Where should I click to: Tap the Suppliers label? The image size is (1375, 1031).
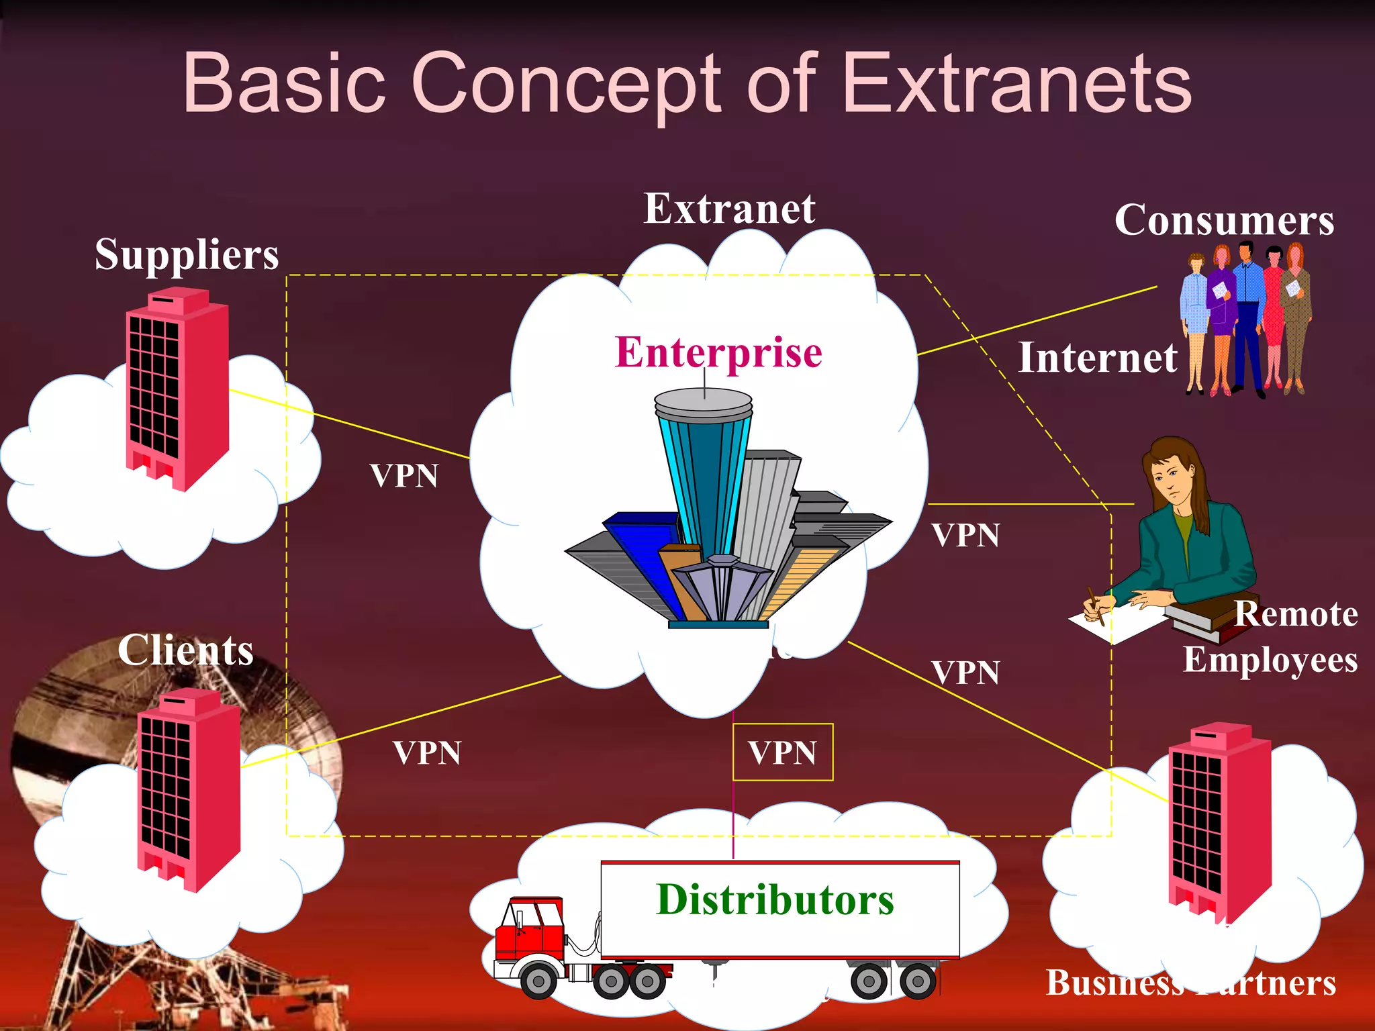[x=186, y=255]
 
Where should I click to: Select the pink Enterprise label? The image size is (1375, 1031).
[x=718, y=352]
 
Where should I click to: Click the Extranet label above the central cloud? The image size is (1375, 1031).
[x=729, y=209]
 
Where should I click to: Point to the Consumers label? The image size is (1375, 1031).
[x=1224, y=220]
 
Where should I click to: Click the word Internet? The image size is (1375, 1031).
[x=1097, y=358]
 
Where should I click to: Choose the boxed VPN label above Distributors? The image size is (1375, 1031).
[x=782, y=752]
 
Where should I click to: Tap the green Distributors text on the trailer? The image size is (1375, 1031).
[x=775, y=899]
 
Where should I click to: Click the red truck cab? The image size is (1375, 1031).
[x=530, y=930]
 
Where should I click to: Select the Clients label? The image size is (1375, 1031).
[x=185, y=650]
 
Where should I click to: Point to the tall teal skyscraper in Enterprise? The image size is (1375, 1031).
[x=704, y=470]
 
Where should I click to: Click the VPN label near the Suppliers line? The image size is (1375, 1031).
[x=404, y=477]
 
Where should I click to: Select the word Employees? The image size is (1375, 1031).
[x=1270, y=660]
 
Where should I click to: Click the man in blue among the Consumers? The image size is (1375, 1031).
[x=1247, y=315]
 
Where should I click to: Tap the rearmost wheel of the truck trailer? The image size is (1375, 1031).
[x=918, y=981]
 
